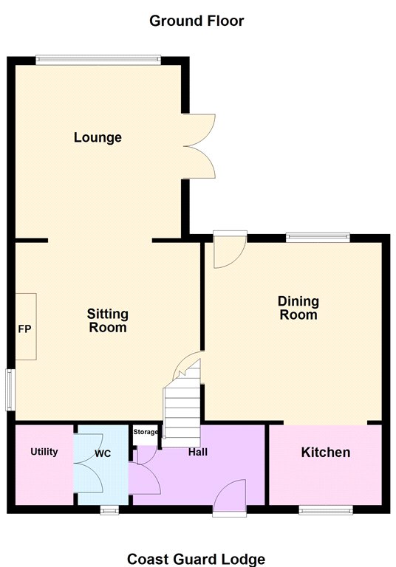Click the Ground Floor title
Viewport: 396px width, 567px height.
[197, 21]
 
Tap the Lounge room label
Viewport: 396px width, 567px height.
[98, 137]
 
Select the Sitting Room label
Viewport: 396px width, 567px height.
[108, 320]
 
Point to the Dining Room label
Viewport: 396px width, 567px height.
[298, 308]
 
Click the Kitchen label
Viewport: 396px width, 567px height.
[326, 453]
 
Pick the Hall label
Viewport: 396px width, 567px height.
[198, 452]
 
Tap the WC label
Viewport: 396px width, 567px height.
[103, 454]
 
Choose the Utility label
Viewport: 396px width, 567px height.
[44, 452]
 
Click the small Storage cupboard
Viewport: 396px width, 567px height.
[145, 436]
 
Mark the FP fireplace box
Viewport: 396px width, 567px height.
[26, 326]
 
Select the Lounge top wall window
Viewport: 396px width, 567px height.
[98, 60]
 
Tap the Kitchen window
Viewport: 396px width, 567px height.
[326, 510]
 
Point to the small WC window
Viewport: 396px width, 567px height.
[109, 510]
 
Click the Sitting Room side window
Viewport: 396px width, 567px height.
[10, 390]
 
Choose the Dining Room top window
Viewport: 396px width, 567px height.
[318, 237]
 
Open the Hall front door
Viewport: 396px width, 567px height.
[230, 496]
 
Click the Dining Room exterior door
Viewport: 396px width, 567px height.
[230, 250]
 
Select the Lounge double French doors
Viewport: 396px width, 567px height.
[199, 146]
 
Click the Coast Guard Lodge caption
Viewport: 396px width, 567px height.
[197, 559]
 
